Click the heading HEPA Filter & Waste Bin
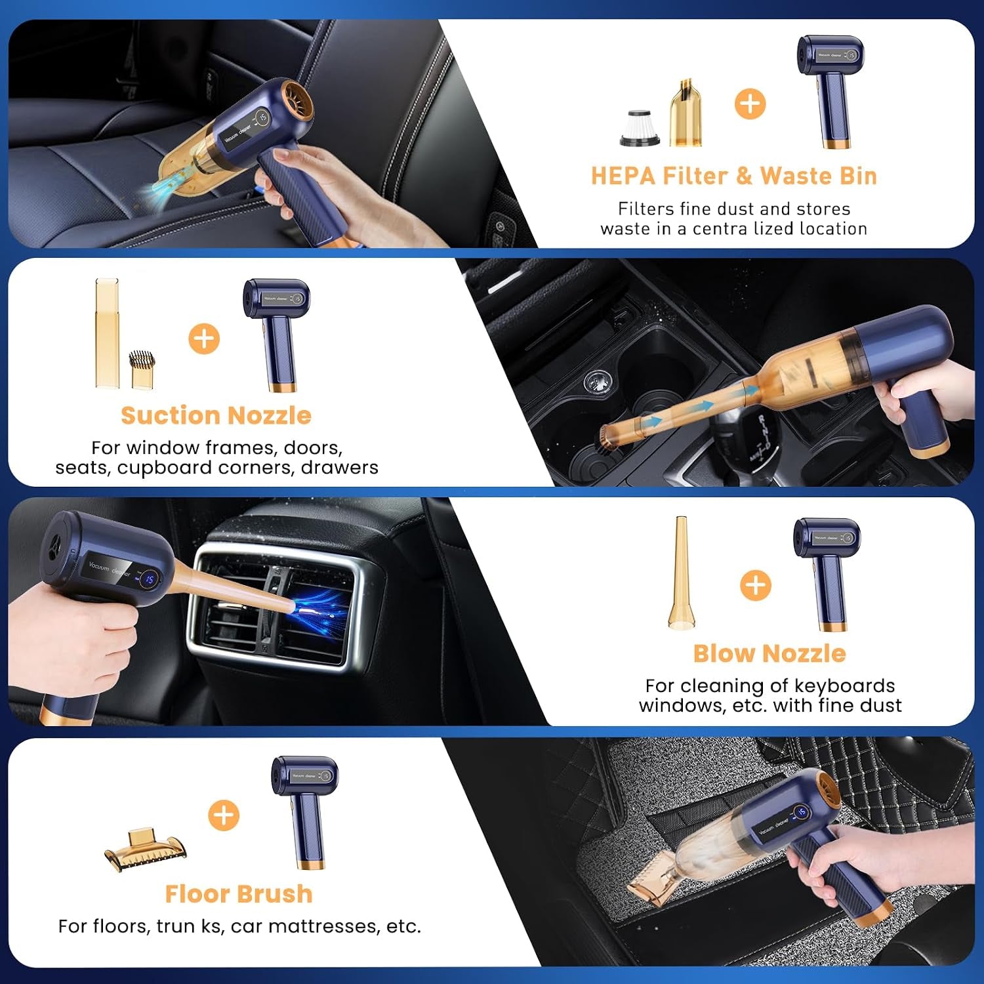click(x=733, y=176)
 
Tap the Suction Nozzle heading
click(x=216, y=415)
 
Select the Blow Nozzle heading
click(x=769, y=653)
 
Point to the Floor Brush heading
click(x=239, y=893)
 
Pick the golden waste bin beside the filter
click(x=686, y=112)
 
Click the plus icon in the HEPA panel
click(x=750, y=104)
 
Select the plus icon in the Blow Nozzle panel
click(x=756, y=584)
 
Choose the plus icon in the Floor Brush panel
click(x=224, y=815)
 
